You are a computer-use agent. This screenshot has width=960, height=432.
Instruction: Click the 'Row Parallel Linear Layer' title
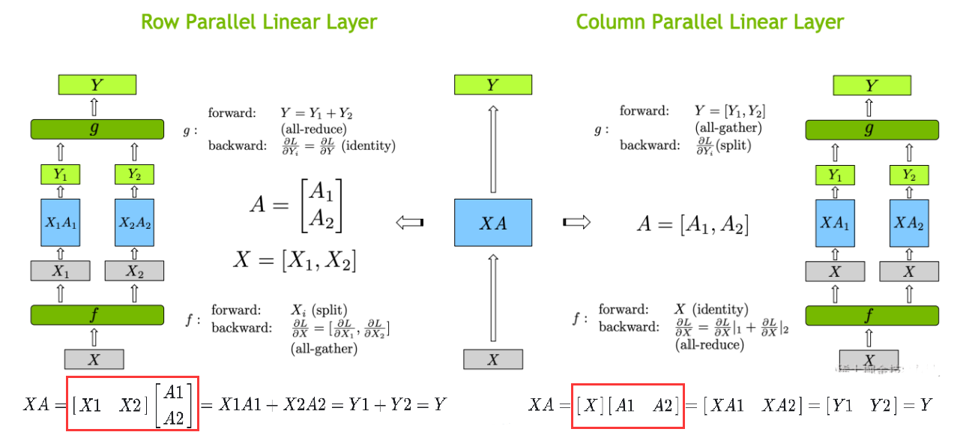tap(259, 21)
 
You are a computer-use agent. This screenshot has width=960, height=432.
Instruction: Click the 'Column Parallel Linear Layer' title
tap(710, 21)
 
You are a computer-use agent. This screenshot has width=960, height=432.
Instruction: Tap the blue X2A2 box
tap(134, 223)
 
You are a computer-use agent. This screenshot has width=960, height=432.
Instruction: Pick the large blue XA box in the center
tap(492, 223)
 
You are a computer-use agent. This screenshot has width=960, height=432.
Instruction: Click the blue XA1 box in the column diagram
tap(835, 223)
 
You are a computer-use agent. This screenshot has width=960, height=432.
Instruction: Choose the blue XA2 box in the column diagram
tap(909, 223)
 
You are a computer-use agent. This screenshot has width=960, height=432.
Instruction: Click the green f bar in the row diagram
tap(97, 315)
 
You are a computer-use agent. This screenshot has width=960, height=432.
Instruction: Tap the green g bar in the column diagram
tap(872, 130)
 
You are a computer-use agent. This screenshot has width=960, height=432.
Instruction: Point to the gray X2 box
tap(134, 271)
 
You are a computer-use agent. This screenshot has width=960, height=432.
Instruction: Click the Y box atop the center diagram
tap(492, 85)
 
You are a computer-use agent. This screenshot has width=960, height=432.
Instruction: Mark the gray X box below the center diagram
tap(492, 359)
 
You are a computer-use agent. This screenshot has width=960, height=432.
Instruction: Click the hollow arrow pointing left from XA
tap(409, 222)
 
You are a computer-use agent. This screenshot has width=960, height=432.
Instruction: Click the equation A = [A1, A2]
tap(692, 223)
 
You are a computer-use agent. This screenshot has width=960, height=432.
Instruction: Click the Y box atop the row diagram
tap(97, 85)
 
